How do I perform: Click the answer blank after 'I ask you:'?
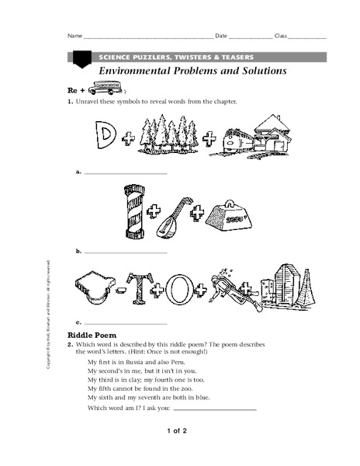(214, 409)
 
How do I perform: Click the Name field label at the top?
(74, 37)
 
